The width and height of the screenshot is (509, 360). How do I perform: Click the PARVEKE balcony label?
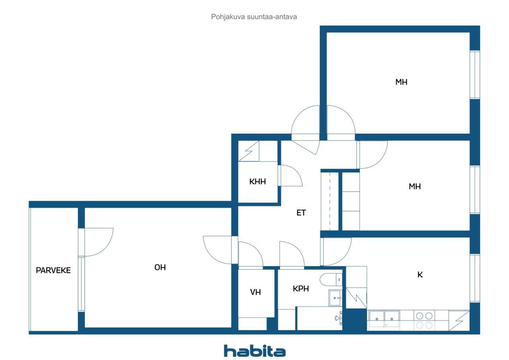tap(53, 270)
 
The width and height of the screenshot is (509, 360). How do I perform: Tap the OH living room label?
tap(160, 268)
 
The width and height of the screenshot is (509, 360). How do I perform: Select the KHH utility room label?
tap(257, 182)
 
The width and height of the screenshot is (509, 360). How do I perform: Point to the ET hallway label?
tap(301, 213)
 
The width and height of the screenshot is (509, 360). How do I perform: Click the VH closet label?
tap(255, 292)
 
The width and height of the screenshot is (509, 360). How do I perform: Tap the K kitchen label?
tap(420, 274)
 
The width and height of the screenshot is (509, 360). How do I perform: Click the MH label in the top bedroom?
tap(401, 82)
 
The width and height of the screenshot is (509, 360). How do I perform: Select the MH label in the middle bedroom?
tap(415, 186)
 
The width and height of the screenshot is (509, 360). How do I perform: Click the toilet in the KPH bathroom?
tap(332, 280)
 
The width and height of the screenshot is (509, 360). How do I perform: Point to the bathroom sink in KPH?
tap(335, 298)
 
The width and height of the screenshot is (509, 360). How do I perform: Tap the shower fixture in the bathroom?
tap(339, 318)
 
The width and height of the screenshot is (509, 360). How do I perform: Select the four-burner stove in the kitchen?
tap(424, 320)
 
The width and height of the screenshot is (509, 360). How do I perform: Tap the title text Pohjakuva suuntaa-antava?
tap(254, 17)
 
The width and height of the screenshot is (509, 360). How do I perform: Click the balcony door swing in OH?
tap(98, 242)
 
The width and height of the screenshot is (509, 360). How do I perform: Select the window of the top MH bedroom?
tap(475, 74)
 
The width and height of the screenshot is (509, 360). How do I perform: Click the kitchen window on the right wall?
tap(475, 277)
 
